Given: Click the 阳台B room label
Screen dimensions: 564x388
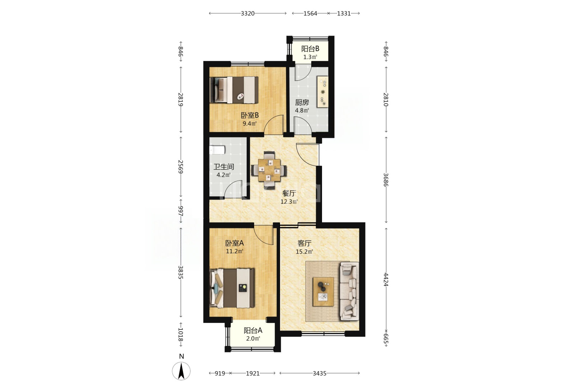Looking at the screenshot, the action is point(310,48).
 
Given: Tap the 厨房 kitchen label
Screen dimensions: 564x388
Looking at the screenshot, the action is point(302,102).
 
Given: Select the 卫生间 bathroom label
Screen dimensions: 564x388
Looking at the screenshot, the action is point(224,167).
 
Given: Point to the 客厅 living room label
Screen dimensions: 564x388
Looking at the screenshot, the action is point(304,243).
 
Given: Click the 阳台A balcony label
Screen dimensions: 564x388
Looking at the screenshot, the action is point(253,330).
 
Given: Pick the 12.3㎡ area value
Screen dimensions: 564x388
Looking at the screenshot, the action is point(289,202).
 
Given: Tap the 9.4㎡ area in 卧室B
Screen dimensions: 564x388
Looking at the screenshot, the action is point(250,124).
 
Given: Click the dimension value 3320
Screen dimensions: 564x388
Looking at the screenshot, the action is point(248,13).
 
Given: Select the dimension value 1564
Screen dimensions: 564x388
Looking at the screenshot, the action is point(310,13).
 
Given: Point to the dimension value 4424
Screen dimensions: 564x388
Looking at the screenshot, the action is point(386,279).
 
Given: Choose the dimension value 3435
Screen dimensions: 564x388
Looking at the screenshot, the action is point(320,373).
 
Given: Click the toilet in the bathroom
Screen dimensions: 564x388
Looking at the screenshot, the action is point(217,150).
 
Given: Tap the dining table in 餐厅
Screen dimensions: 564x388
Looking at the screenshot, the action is point(269,170).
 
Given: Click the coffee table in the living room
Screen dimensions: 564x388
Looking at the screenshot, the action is point(323,292).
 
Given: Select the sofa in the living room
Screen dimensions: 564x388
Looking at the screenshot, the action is point(349,291).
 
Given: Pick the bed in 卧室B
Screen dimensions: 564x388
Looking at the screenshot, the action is point(234,90).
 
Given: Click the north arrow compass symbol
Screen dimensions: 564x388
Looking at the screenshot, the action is point(181,371).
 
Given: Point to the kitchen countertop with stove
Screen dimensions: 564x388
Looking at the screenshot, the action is point(322,92).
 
